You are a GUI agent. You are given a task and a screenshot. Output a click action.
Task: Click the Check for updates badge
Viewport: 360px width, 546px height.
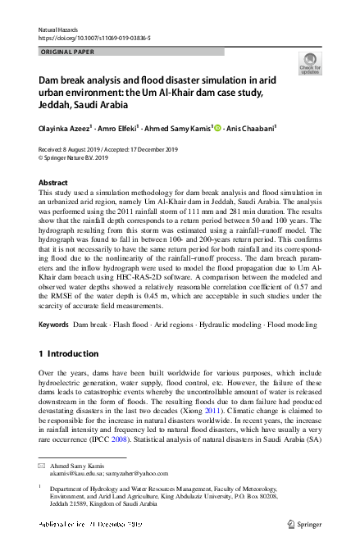pos(310,63)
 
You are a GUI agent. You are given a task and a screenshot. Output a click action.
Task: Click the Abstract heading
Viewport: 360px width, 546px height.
pos(54,182)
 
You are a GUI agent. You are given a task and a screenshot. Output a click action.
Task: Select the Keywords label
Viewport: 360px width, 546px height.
pos(54,325)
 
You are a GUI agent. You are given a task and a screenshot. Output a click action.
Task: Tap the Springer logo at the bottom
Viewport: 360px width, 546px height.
pos(307,521)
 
